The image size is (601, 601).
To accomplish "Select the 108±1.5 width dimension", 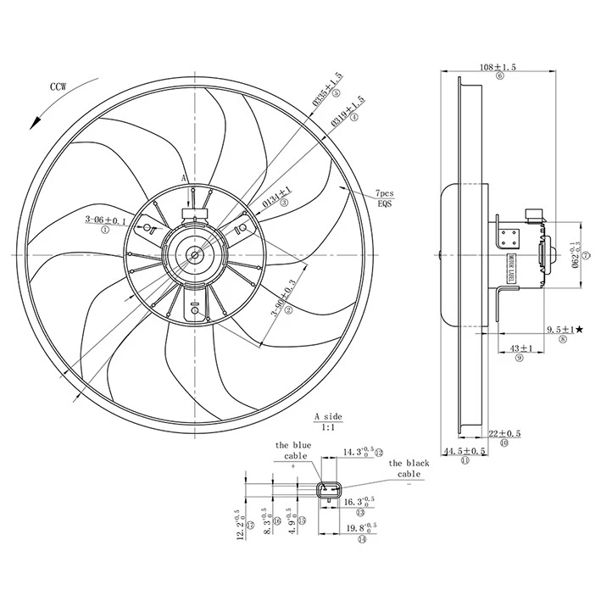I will pyautogui.click(x=498, y=67).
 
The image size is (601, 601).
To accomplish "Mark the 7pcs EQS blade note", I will pyautogui.click(x=386, y=198).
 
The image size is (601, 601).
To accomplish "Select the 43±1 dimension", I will pyautogui.click(x=520, y=348).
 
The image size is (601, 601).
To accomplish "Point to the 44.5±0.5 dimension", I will pyautogui.click(x=465, y=452).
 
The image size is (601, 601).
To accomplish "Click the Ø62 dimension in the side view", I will pyautogui.click(x=576, y=256).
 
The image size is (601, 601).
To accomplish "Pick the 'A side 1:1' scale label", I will pyautogui.click(x=327, y=422).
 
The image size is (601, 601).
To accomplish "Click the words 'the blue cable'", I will pyautogui.click(x=293, y=450).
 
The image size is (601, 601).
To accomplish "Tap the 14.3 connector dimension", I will pyautogui.click(x=359, y=452).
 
